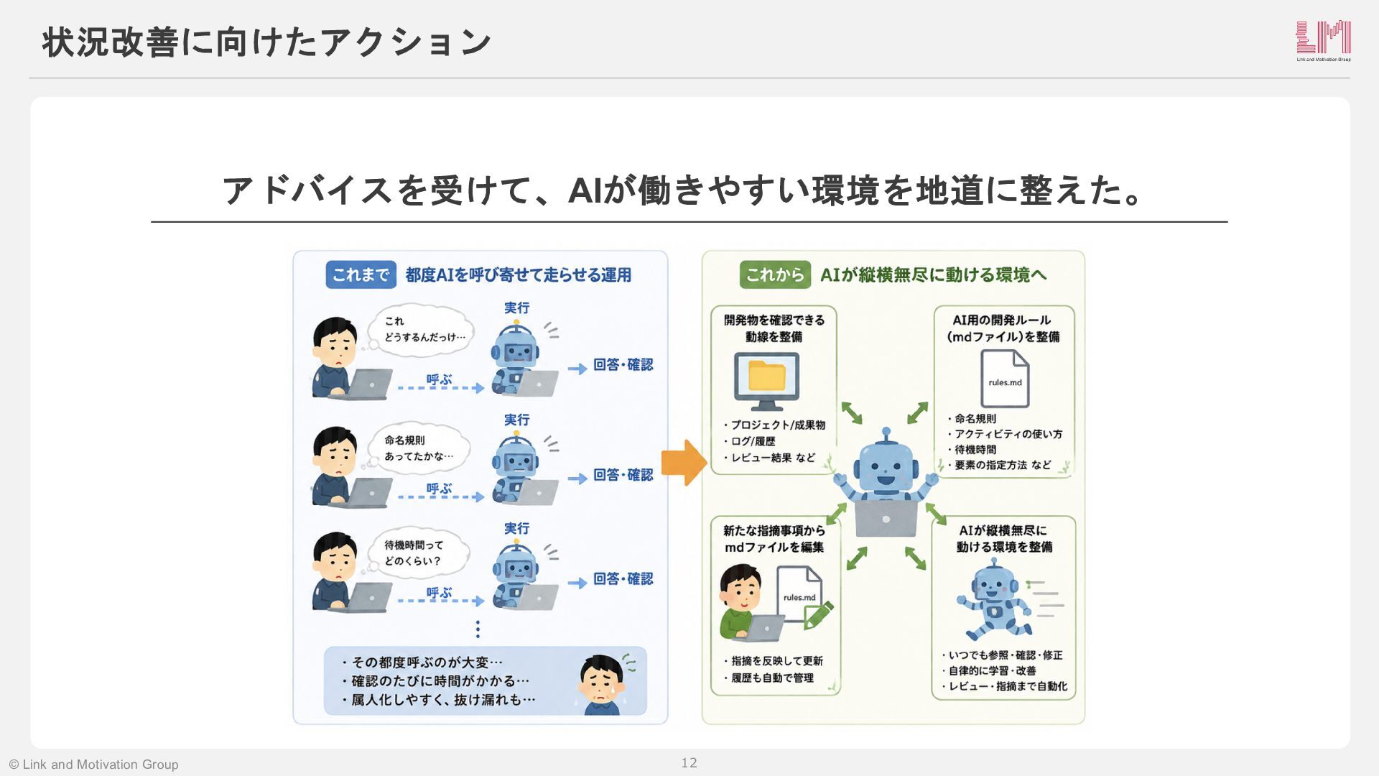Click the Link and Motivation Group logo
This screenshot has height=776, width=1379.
pyautogui.click(x=1323, y=40)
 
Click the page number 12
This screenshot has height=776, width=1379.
pyautogui.click(x=689, y=763)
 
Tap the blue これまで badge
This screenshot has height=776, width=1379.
pyautogui.click(x=361, y=274)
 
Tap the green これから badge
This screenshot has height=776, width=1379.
pyautogui.click(x=775, y=274)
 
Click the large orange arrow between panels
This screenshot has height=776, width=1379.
pyautogui.click(x=684, y=463)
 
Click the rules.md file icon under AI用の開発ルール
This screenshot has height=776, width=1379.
pyautogui.click(x=1005, y=379)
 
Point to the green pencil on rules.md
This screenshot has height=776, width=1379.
pyautogui.click(x=818, y=614)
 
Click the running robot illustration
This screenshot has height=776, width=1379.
pyautogui.click(x=995, y=601)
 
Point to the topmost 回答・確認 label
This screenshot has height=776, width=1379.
pyautogui.click(x=623, y=365)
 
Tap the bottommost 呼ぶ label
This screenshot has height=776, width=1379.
pyautogui.click(x=439, y=593)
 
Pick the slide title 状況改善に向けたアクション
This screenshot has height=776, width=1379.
pyautogui.click(x=266, y=42)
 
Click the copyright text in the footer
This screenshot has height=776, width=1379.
pyautogui.click(x=93, y=765)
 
